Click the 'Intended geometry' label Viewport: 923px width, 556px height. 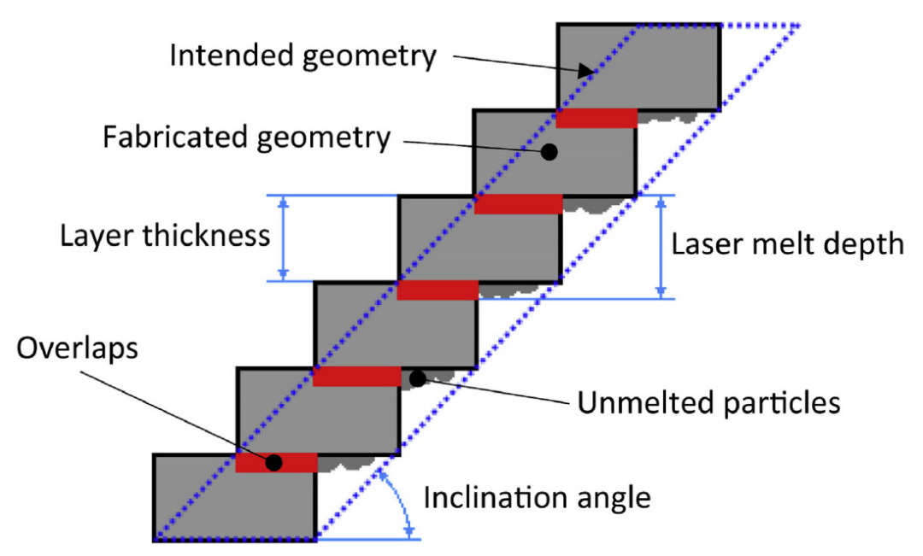(x=303, y=56)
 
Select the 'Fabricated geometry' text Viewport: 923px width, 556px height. (x=247, y=138)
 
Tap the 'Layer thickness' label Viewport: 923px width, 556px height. (x=166, y=236)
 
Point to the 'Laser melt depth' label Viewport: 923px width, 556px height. (x=788, y=244)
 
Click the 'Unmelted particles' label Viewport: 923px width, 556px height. (x=708, y=404)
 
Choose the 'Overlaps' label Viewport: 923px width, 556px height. (x=77, y=348)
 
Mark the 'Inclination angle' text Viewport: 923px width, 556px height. (x=537, y=498)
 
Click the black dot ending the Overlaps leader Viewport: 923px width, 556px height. (x=273, y=462)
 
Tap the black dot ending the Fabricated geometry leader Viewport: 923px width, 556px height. (x=550, y=152)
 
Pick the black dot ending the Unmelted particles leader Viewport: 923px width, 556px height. (x=417, y=379)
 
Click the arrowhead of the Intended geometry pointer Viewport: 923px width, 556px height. (x=586, y=71)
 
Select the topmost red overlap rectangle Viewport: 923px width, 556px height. (x=597, y=118)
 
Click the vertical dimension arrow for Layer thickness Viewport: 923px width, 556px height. (x=284, y=237)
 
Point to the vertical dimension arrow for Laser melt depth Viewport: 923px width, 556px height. (x=661, y=247)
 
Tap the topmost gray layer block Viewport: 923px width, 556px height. (x=638, y=67)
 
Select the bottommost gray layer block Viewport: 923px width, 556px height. (x=236, y=497)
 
